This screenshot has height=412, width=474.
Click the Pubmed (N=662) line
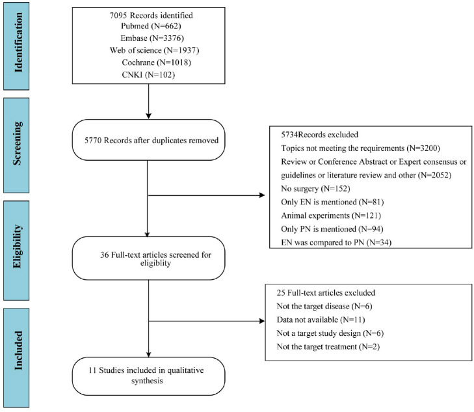[x=151, y=26]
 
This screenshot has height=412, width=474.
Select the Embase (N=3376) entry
[x=152, y=38]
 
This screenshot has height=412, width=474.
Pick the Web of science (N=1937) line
[x=154, y=50]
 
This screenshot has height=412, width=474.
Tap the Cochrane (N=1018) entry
[x=156, y=62]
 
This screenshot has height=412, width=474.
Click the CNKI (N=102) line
[x=148, y=75]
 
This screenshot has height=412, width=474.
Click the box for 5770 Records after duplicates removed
[x=148, y=140]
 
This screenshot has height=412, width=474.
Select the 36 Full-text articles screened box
[x=148, y=258]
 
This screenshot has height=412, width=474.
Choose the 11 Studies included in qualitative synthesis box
[x=148, y=376]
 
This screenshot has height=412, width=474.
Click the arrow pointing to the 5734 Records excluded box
[x=207, y=195]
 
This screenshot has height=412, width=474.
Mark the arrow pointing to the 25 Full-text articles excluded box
[x=207, y=321]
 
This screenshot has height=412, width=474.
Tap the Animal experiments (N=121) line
[x=331, y=215]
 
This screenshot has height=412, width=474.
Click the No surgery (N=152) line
[x=315, y=189]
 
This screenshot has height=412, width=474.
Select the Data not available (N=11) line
[x=321, y=320]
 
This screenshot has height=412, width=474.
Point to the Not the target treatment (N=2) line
[x=328, y=347]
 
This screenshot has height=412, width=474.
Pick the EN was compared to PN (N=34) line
[x=336, y=243]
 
